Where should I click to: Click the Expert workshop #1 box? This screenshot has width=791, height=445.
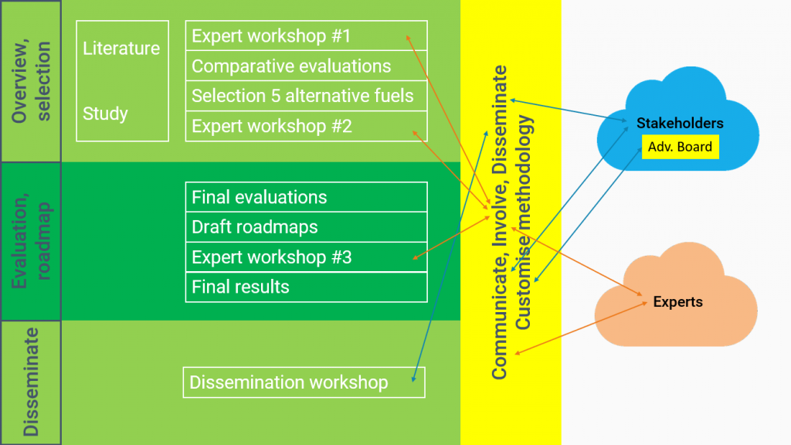point(306,36)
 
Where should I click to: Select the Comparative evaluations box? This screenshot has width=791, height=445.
point(306,66)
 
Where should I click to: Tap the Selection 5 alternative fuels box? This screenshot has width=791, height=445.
point(306,96)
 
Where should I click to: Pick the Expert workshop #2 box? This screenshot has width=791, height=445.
point(306,126)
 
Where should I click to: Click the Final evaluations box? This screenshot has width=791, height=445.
point(306,197)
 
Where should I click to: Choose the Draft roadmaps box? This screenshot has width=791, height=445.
point(306,227)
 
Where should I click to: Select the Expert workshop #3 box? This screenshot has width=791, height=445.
point(306,257)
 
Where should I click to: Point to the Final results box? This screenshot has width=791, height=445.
point(306,287)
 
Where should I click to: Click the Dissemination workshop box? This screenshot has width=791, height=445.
point(304,382)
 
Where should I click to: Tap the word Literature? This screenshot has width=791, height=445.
point(121,49)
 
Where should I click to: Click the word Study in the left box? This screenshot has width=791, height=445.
point(105,114)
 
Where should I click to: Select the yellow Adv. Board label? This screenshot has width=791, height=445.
point(680,147)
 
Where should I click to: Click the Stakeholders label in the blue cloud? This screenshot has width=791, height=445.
point(680,123)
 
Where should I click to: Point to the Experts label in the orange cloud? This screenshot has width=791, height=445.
point(678,302)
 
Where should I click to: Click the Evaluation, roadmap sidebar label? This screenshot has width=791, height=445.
point(31,241)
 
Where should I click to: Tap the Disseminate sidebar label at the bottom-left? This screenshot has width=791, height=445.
point(31,382)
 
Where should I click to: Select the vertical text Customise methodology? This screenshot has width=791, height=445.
point(523,222)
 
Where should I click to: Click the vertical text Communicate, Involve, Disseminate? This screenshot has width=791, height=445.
point(499,222)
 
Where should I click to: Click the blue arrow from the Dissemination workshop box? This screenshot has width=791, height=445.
point(450,256)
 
